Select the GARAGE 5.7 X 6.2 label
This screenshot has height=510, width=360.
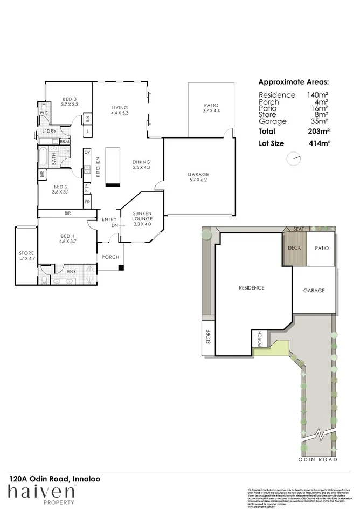pos(198,177)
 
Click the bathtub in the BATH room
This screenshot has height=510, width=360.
pos(43,158)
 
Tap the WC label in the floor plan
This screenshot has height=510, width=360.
pos(44,113)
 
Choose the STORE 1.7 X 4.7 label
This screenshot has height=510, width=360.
pos(26,256)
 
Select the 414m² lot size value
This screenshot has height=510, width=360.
pos(319,144)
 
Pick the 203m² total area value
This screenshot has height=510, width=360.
pos(319,131)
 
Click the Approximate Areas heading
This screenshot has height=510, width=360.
pos(293,82)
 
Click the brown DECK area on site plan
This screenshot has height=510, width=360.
pos(294,249)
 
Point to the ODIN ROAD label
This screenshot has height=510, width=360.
pos(318,459)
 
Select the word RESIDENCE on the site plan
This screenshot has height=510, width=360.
pos(251,288)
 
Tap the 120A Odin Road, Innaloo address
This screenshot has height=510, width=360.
pos(54,478)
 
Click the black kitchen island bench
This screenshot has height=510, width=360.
pos(112,166)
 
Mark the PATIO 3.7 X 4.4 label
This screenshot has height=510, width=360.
pos(211,108)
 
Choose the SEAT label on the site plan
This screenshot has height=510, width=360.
pos(298,229)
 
